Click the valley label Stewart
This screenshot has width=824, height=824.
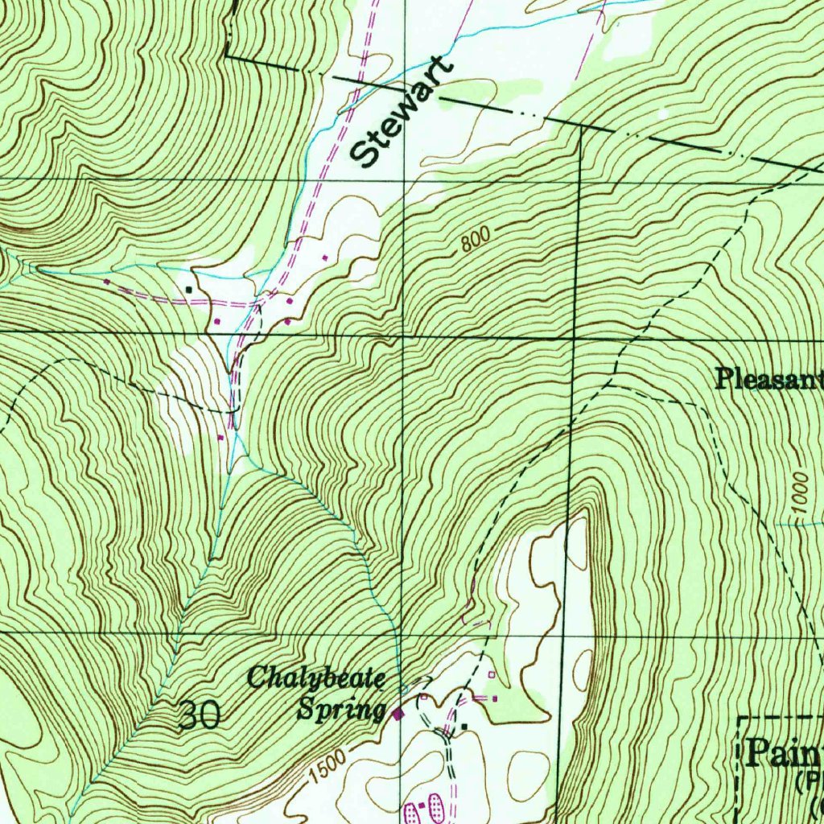tap(402, 113)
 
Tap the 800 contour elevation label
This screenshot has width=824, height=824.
tap(476, 240)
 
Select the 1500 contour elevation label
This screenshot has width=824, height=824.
tap(328, 768)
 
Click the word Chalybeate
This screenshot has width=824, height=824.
tap(313, 678)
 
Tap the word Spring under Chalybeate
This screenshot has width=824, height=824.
tap(340, 711)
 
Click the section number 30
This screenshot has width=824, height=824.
tap(198, 715)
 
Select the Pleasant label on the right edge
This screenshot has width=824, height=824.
tap(768, 378)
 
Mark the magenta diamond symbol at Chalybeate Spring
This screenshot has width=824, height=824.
tap(396, 713)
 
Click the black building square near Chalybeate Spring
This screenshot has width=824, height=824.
tap(463, 727)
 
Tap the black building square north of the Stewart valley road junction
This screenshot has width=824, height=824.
tap(189, 288)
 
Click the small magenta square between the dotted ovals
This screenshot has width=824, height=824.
tap(422, 804)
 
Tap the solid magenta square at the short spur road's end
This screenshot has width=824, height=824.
tap(494, 698)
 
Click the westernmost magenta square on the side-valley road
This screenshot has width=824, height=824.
tap(105, 282)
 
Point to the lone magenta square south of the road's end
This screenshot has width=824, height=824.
tap(220, 437)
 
